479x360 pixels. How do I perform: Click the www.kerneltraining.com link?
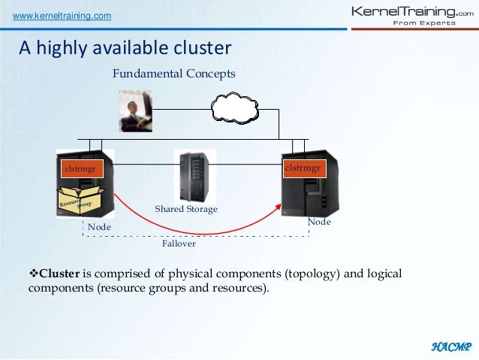tap(59, 17)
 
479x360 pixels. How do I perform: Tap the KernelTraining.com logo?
tap(412, 16)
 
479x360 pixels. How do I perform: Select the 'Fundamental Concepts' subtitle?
tap(173, 74)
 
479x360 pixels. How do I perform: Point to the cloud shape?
tap(234, 108)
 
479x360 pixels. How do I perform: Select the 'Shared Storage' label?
tap(185, 209)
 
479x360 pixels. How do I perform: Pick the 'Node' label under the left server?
tap(99, 226)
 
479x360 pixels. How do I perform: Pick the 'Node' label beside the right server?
tap(319, 222)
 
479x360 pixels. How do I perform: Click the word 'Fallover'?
tap(179, 244)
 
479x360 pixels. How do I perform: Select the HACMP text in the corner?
tap(450, 346)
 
